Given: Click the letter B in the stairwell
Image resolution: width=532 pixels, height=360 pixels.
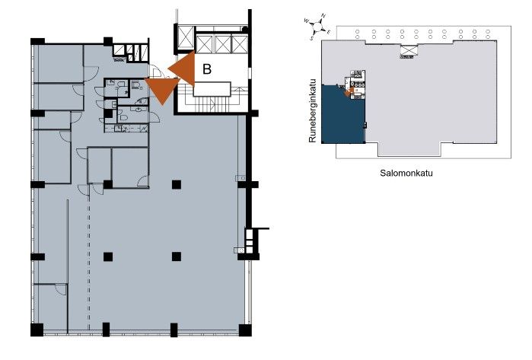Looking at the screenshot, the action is pyautogui.click(x=206, y=68).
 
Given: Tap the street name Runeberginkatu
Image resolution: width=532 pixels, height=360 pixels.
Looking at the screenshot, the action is pyautogui.click(x=313, y=110).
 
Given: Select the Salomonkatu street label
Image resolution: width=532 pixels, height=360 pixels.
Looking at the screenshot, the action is pyautogui.click(x=406, y=173).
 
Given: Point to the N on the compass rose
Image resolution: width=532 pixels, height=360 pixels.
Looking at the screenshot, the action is pyautogui.click(x=323, y=16).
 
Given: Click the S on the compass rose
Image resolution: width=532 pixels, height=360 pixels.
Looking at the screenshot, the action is pyautogui.click(x=312, y=38).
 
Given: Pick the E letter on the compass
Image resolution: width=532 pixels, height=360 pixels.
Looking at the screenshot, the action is pyautogui.click(x=329, y=32).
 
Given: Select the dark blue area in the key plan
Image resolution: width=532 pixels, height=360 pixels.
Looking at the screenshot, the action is pyautogui.click(x=342, y=116).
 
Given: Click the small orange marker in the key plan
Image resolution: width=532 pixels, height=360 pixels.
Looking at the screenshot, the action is pyautogui.click(x=349, y=91).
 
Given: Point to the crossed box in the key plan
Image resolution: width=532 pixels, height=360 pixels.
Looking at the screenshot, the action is pyautogui.click(x=408, y=50).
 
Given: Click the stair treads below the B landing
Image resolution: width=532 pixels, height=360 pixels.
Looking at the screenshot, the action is pyautogui.click(x=207, y=104).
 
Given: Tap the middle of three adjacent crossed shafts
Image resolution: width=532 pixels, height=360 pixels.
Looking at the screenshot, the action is pyautogui.click(x=222, y=44).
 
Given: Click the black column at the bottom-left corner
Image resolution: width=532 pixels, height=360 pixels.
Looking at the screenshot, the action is pyautogui.click(x=37, y=330).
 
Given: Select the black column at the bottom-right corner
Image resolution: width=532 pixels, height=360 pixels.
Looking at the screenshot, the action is pyautogui.click(x=245, y=330).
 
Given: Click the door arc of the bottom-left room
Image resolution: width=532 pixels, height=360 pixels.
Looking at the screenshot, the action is pyautogui.click(x=61, y=290).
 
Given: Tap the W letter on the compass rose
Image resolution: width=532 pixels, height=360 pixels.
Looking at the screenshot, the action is pyautogui.click(x=307, y=21).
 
